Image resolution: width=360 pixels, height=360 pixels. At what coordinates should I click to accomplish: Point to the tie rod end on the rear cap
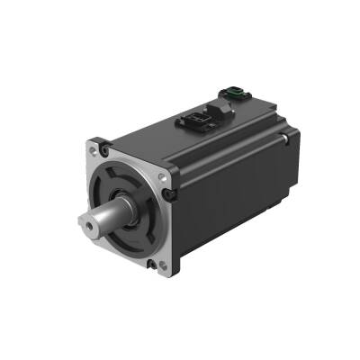[x=287, y=139]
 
